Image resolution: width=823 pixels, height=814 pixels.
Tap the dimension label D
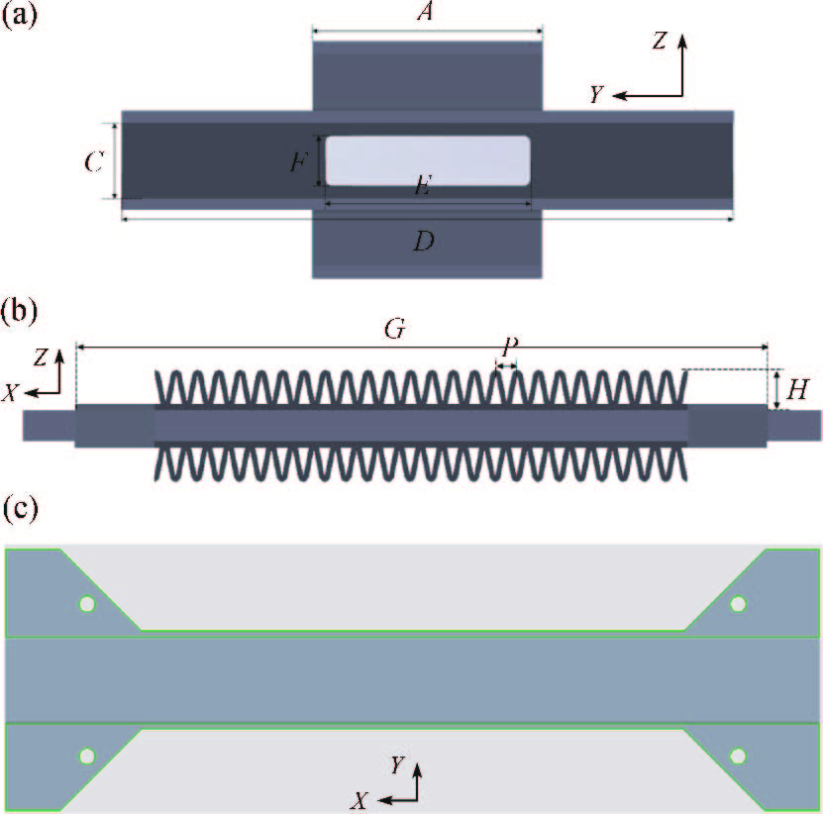click(x=424, y=241)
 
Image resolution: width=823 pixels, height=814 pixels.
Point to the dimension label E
click(x=422, y=188)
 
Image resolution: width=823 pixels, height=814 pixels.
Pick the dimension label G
click(x=394, y=330)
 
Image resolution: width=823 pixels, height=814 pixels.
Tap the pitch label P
click(x=508, y=348)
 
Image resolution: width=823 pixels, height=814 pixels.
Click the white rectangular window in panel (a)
click(x=427, y=159)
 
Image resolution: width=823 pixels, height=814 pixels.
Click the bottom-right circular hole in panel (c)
click(x=738, y=757)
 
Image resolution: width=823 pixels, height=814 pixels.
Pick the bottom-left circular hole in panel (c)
click(x=87, y=757)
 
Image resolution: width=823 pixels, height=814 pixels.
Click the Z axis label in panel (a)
click(x=661, y=41)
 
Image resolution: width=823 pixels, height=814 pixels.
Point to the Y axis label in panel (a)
click(x=596, y=94)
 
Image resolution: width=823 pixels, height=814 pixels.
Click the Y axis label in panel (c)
click(x=396, y=764)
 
